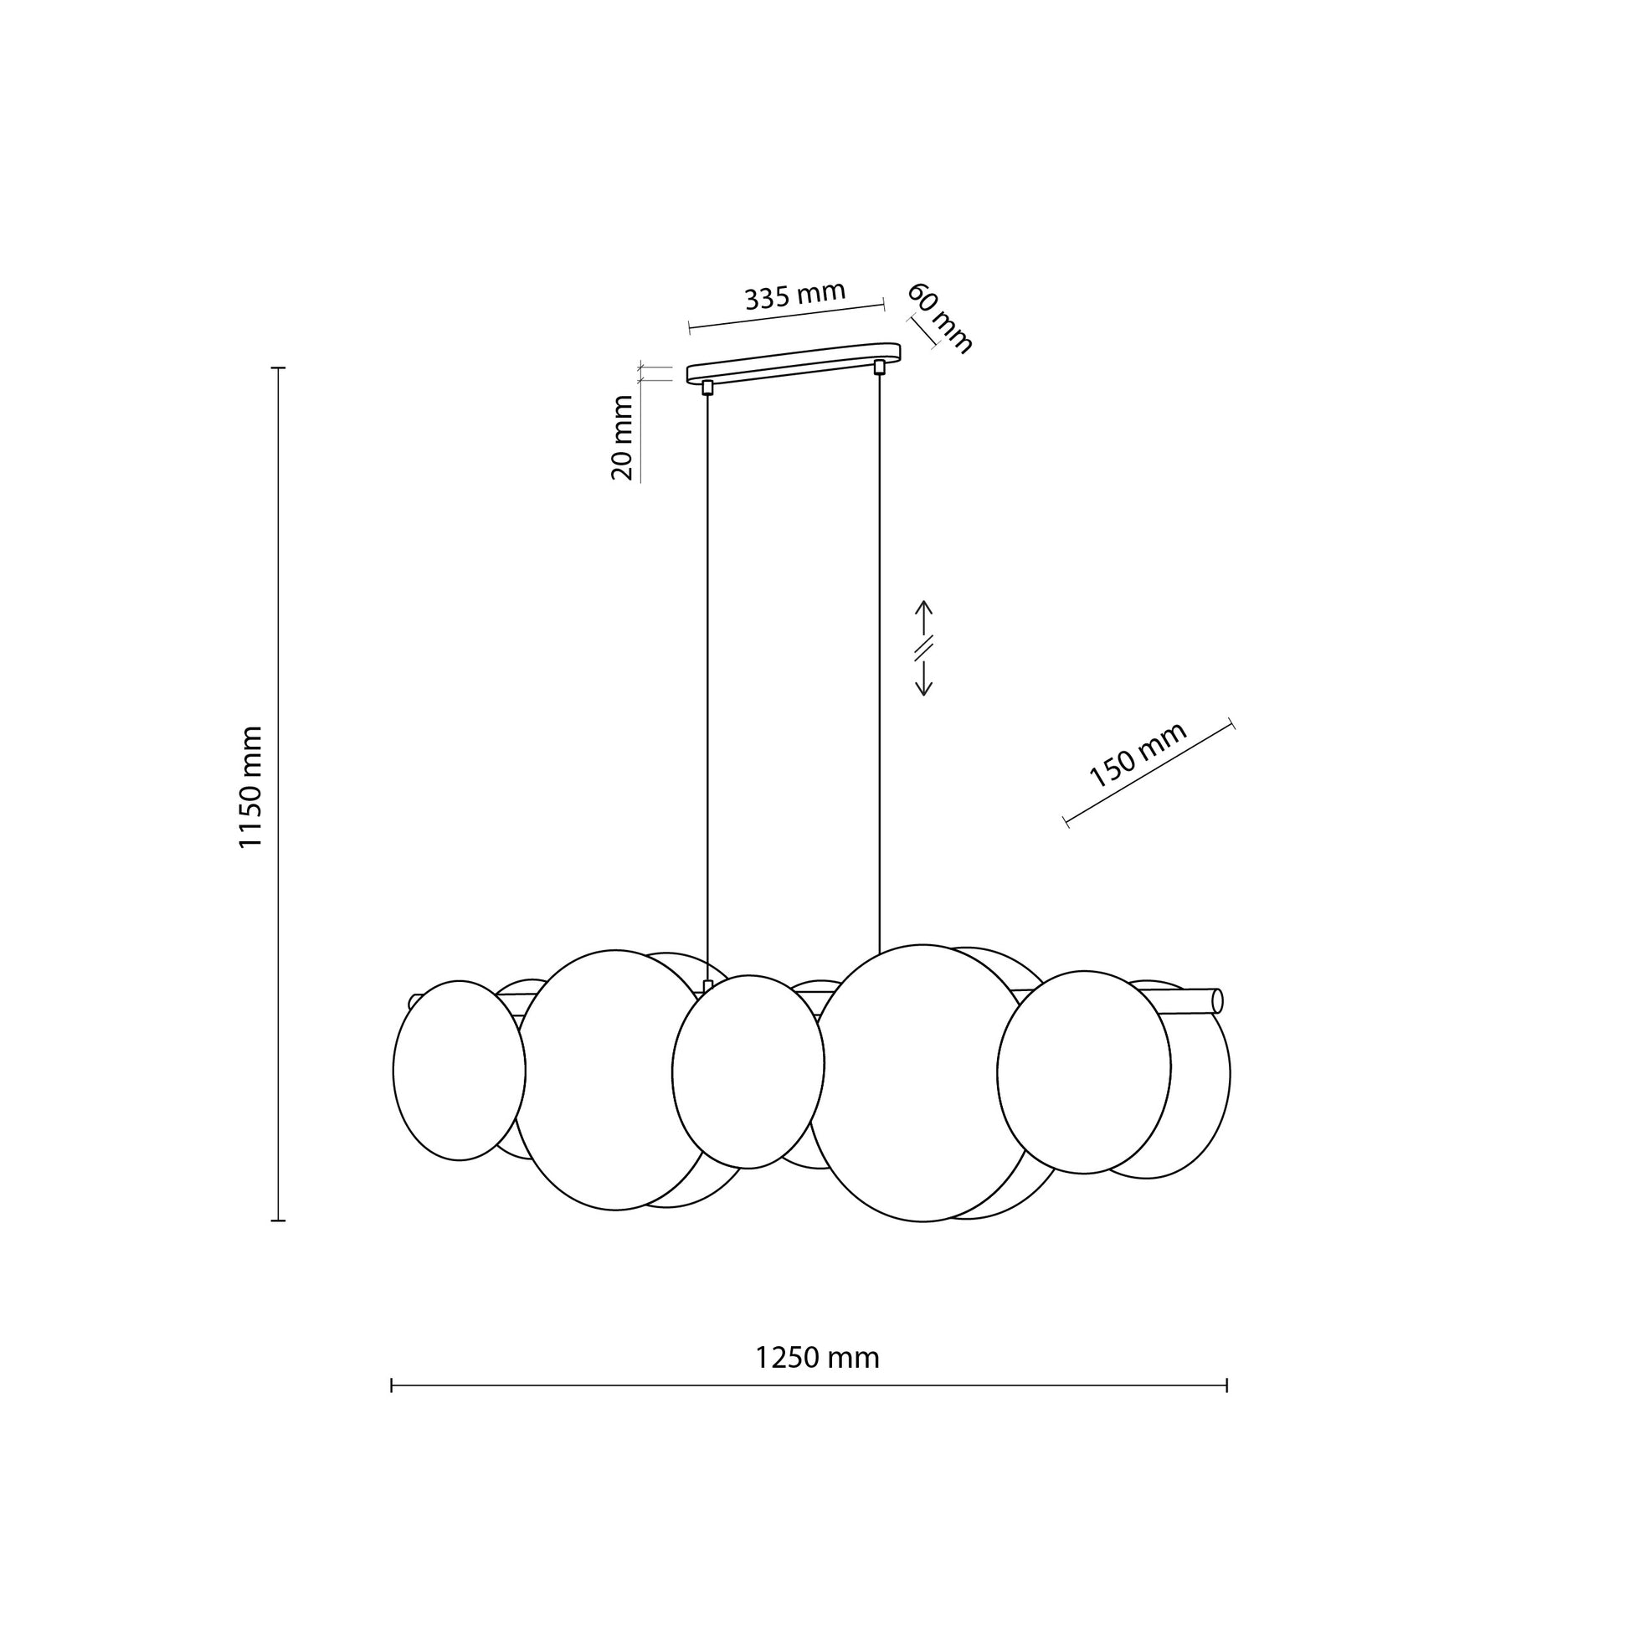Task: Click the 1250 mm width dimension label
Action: coord(816,1358)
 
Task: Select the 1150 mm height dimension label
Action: coord(250,787)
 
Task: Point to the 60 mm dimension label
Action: coord(939,318)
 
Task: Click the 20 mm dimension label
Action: coord(622,438)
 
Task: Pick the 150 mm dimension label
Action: coord(1138,754)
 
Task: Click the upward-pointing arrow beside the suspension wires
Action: coord(923,618)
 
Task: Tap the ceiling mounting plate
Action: coord(794,362)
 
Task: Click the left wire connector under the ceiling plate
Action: coord(707,387)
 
